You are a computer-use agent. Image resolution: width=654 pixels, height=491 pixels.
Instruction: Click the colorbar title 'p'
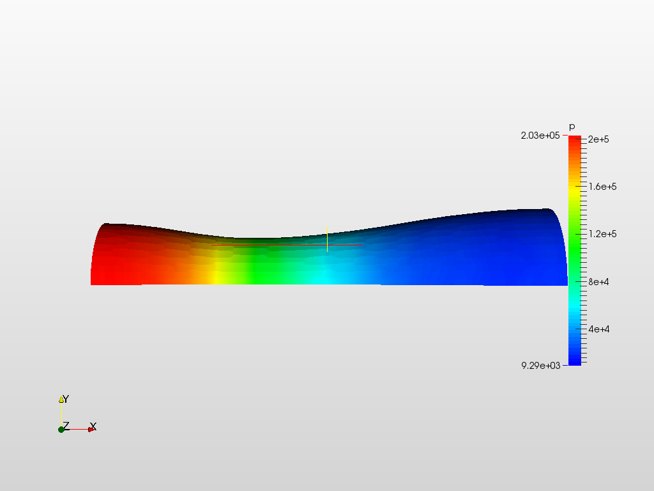click(572, 127)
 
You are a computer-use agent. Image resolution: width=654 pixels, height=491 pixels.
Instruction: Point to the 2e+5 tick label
click(598, 139)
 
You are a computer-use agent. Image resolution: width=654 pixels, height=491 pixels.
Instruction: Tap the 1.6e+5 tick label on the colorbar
click(602, 187)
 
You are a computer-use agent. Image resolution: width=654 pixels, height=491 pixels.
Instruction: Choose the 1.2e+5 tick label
click(602, 234)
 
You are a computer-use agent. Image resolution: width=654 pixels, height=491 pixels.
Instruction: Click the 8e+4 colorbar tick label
click(598, 281)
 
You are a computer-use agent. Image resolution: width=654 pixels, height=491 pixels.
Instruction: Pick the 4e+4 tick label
click(598, 329)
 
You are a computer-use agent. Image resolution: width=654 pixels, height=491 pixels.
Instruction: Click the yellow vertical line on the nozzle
click(327, 238)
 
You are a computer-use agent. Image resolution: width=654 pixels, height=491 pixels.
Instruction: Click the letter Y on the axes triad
click(66, 400)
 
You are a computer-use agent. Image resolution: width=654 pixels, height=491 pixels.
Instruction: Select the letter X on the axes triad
click(93, 426)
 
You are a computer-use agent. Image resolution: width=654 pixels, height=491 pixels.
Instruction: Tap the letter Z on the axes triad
click(65, 426)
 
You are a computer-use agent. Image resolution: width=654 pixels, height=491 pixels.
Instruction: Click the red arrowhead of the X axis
click(91, 429)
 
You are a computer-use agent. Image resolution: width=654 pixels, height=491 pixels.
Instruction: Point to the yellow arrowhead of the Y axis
click(61, 400)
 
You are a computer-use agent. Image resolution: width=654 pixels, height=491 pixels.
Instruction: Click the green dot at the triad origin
click(61, 429)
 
